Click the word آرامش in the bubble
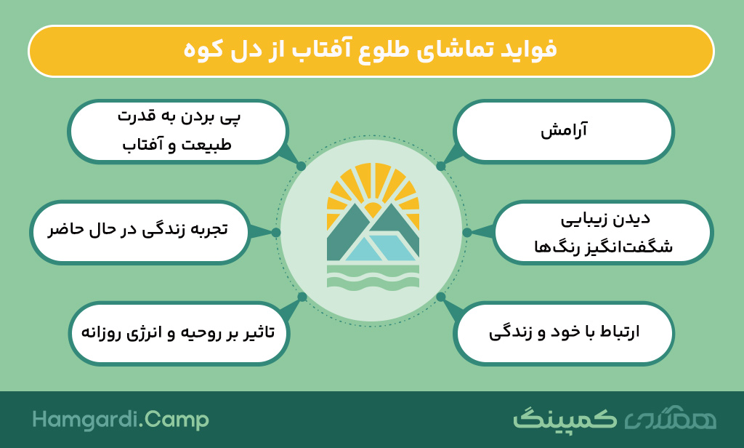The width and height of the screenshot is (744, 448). point(564,130)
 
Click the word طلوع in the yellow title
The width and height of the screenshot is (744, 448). point(384,49)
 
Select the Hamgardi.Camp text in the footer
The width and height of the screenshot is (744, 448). point(121,420)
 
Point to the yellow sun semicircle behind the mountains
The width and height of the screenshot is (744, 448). point(373,209)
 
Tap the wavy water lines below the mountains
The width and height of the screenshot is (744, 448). point(373,276)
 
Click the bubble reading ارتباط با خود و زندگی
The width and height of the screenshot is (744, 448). point(564,332)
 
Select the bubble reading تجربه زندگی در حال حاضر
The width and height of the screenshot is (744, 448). point(139,232)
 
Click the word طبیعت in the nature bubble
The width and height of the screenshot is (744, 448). point(205,145)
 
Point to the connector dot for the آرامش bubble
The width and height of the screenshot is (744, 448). point(441,166)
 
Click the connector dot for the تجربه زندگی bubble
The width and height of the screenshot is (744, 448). point(276,232)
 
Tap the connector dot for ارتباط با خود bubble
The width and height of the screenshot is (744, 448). point(441,297)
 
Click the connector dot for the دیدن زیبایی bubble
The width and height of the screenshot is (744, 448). point(467,232)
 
